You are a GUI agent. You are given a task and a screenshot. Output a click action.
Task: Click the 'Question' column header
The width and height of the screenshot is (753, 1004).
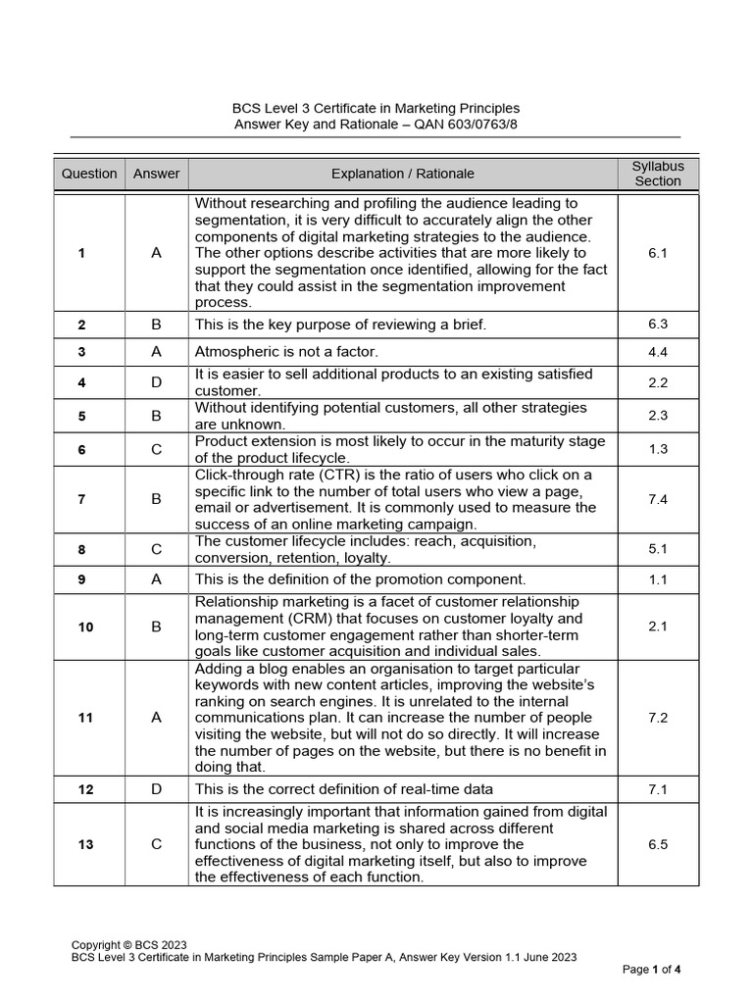point(89,174)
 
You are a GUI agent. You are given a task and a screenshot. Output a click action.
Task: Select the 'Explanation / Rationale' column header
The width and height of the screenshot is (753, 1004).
point(402,174)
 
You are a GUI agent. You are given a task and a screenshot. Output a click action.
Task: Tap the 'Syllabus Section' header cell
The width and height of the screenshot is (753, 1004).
point(658,174)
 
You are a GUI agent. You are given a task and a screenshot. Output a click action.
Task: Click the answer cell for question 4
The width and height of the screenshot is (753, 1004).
point(156,382)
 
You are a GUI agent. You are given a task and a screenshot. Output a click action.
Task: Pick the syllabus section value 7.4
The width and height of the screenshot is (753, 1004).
point(658,499)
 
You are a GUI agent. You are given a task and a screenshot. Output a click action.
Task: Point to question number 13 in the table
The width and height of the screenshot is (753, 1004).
point(86,844)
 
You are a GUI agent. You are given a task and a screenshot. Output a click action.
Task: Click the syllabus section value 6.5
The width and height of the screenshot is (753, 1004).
point(658,844)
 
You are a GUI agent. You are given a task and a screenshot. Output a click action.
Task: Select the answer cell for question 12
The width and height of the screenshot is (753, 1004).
point(156,789)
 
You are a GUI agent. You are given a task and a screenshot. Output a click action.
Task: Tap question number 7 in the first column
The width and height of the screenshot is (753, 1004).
point(81,499)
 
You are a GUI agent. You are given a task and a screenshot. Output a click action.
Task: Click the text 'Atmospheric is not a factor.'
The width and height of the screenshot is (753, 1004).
point(286,351)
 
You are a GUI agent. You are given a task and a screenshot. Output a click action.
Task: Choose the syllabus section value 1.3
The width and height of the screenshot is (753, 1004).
point(658,449)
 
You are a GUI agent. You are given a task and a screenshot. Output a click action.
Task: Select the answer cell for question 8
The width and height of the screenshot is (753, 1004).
point(156,550)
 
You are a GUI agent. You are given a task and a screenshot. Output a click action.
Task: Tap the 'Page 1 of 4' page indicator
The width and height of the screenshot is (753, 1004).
point(652,970)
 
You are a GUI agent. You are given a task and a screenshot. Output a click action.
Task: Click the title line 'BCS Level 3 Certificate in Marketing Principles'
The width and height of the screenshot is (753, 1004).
point(376,108)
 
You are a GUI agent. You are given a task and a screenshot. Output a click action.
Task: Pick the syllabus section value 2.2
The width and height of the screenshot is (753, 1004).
point(658,382)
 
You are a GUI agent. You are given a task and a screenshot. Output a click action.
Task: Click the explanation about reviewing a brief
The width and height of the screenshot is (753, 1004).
point(340,325)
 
